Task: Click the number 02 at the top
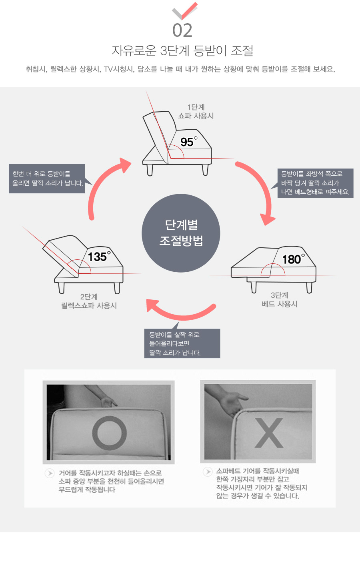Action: coord(182,30)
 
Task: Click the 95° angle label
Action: coord(189,141)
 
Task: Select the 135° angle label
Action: coord(99,256)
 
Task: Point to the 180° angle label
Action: coord(294,259)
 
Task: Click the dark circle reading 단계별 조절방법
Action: coord(181,233)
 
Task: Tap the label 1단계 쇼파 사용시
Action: coord(196,111)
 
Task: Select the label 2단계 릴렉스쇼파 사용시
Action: coord(89,301)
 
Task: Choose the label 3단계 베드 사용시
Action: coord(280,299)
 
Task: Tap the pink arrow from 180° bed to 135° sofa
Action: coord(180,314)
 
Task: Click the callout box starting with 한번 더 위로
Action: coord(47,179)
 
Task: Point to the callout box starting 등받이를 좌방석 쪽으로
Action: coord(315,183)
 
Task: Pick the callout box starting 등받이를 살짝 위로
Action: coord(182,343)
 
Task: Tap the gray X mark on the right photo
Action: coord(269,433)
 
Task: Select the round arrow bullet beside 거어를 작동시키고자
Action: coord(50,473)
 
